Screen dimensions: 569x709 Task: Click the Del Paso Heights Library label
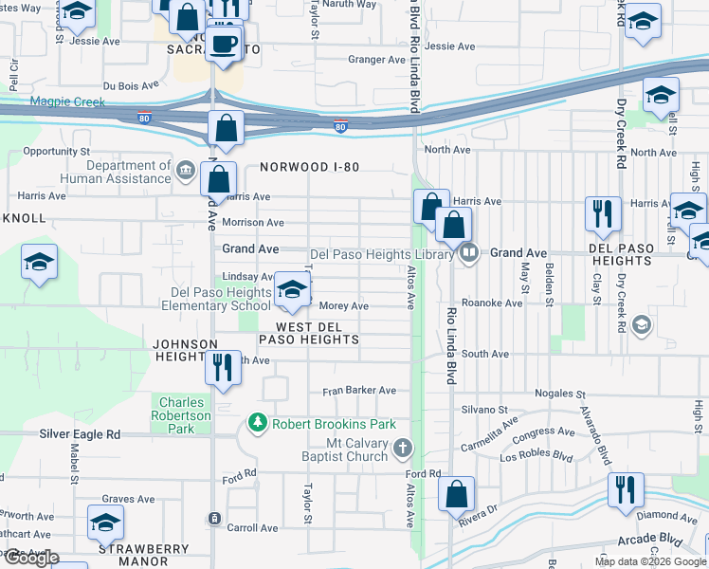tap(387, 254)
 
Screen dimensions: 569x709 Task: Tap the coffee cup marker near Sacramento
tap(223, 45)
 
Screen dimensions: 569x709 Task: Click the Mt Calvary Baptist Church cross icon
tap(403, 447)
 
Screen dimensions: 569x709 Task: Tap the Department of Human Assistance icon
tap(185, 171)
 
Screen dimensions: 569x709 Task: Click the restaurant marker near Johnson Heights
tap(223, 368)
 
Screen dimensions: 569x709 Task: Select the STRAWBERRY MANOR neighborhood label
tap(144, 555)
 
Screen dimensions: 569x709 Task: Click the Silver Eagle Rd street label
tap(80, 433)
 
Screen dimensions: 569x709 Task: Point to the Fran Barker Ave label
tap(359, 390)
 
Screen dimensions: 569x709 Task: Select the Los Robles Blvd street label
tap(536, 456)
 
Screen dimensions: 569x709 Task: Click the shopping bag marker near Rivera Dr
tap(457, 495)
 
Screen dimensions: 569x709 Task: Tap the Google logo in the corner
tap(31, 558)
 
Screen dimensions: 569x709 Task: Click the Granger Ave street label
tap(376, 60)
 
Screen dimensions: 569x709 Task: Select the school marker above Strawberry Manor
tap(105, 523)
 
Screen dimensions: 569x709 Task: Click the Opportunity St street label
tap(56, 151)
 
